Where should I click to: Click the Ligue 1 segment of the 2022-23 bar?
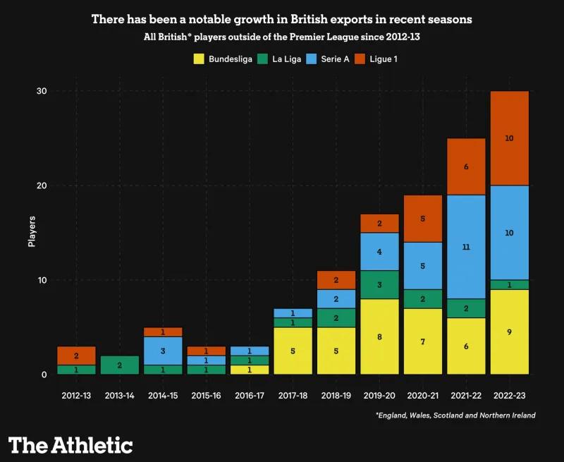[509, 138]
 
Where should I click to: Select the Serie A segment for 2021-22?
[465, 247]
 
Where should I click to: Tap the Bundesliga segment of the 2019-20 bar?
[379, 336]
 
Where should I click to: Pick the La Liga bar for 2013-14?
[119, 365]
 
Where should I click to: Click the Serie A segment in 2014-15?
[163, 351]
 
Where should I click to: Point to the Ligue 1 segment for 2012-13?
[76, 355]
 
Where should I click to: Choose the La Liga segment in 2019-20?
[379, 284]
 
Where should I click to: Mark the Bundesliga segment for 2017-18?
[293, 351]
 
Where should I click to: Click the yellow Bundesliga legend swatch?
[200, 59]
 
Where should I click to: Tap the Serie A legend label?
[335, 59]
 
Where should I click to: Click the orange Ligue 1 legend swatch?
[360, 59]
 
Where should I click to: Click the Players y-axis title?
[32, 233]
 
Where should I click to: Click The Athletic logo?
[70, 445]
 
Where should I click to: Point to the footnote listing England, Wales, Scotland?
[455, 415]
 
